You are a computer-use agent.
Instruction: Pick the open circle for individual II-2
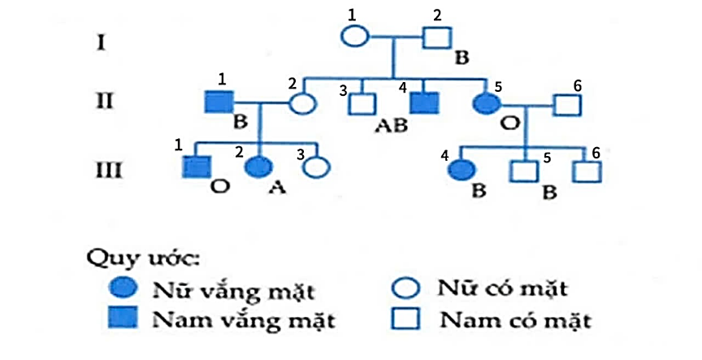tap(302, 103)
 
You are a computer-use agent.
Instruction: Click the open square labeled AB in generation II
tap(362, 103)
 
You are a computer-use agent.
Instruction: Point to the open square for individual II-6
tap(566, 104)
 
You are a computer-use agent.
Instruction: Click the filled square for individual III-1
tap(194, 167)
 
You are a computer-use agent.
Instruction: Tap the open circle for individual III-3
tap(317, 167)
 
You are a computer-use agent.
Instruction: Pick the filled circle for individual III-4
tap(463, 171)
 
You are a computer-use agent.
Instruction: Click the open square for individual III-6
tap(585, 171)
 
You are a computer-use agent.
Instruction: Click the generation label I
tap(100, 41)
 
